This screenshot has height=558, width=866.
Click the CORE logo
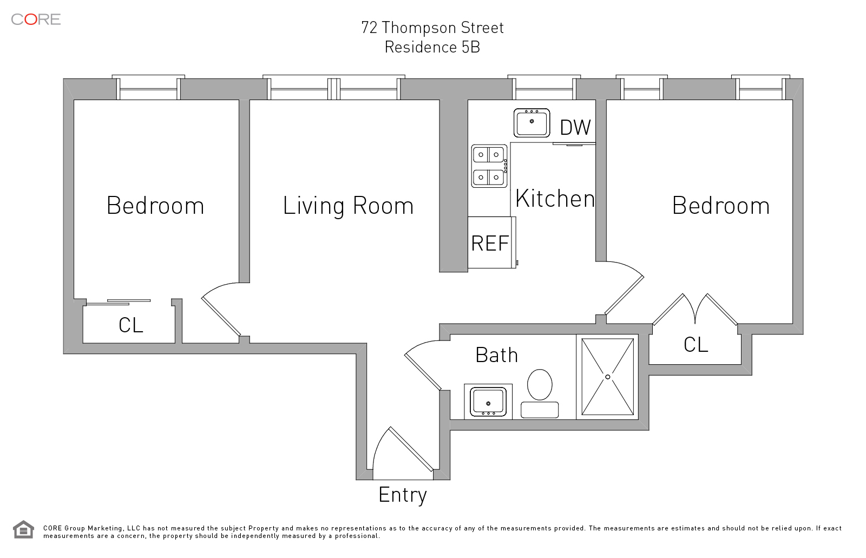pyautogui.click(x=36, y=19)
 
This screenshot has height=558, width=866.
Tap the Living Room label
pyautogui.click(x=349, y=206)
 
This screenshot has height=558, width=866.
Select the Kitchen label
pyautogui.click(x=555, y=199)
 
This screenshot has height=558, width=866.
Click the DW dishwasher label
pyautogui.click(x=575, y=127)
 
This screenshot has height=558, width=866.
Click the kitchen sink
pyautogui.click(x=532, y=123)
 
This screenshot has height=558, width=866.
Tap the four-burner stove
pyautogui.click(x=489, y=166)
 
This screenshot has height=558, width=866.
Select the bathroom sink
pyautogui.click(x=488, y=402)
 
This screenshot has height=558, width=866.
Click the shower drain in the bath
pyautogui.click(x=608, y=377)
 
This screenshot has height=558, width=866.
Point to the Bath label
pyautogui.click(x=496, y=355)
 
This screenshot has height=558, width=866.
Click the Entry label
pyautogui.click(x=403, y=495)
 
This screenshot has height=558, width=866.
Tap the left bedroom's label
pyautogui.click(x=155, y=205)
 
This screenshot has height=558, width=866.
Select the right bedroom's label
pyautogui.click(x=720, y=205)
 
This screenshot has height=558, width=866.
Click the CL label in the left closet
pyautogui.click(x=130, y=325)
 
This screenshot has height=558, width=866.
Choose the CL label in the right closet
pyautogui.click(x=696, y=345)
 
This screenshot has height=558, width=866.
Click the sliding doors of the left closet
pyautogui.click(x=119, y=302)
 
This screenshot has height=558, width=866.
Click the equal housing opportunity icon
pyautogui.click(x=23, y=529)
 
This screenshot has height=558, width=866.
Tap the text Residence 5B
pyautogui.click(x=432, y=47)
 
